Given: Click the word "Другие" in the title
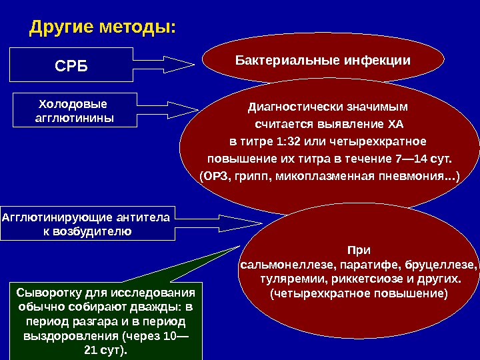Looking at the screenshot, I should [x=60, y=28].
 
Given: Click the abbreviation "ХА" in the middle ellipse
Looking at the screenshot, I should [x=395, y=124].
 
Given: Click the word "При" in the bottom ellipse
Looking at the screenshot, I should [x=358, y=250].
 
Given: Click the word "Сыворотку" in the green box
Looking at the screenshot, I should [x=47, y=292].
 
